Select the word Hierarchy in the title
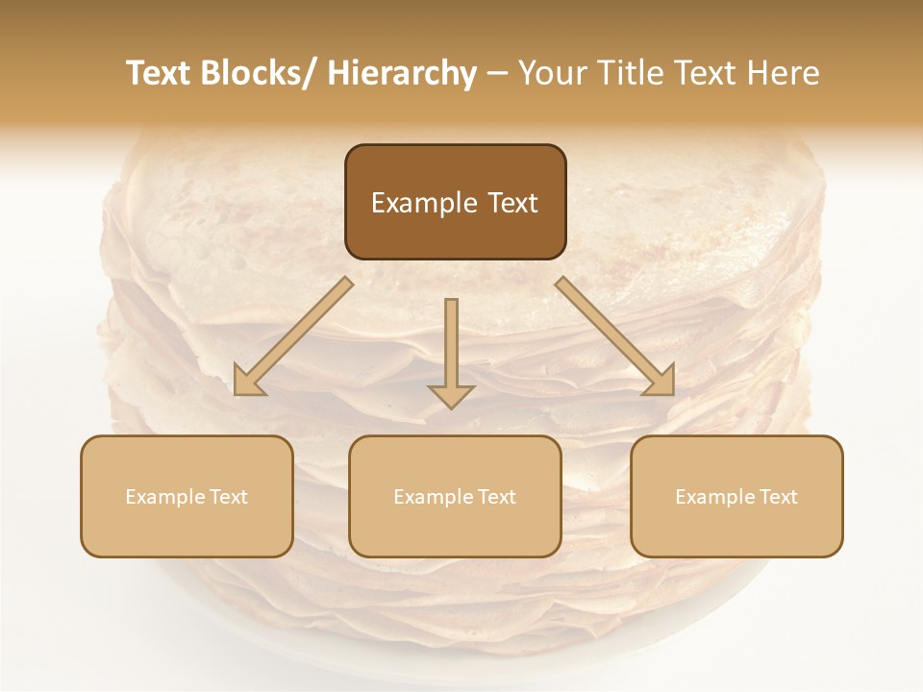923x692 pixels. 402,74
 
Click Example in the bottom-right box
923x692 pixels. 712,497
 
